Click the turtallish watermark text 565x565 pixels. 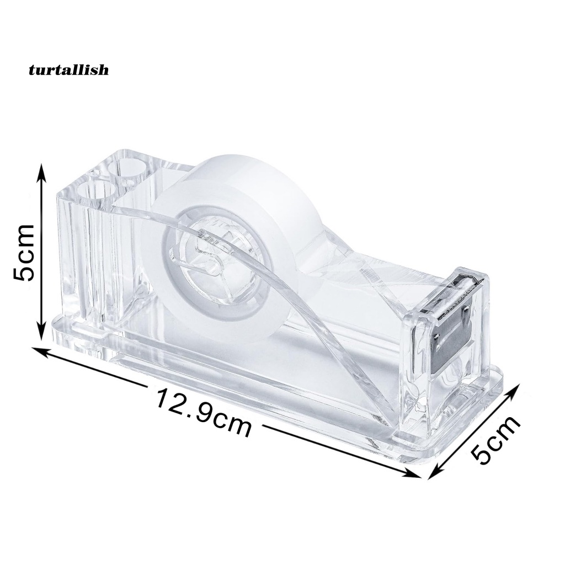coord(68,70)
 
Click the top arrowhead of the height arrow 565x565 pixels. coord(42,171)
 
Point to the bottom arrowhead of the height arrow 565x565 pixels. coord(42,332)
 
